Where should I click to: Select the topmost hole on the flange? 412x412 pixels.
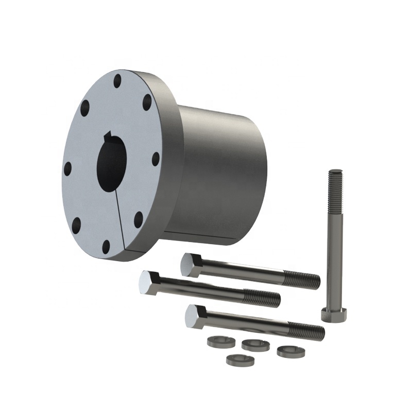click(x=117, y=81)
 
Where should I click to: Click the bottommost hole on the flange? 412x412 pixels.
click(x=106, y=247)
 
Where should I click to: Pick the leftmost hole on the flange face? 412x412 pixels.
click(x=67, y=168)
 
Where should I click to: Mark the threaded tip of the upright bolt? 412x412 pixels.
click(x=335, y=180)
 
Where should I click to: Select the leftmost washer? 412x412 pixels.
click(x=216, y=341)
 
